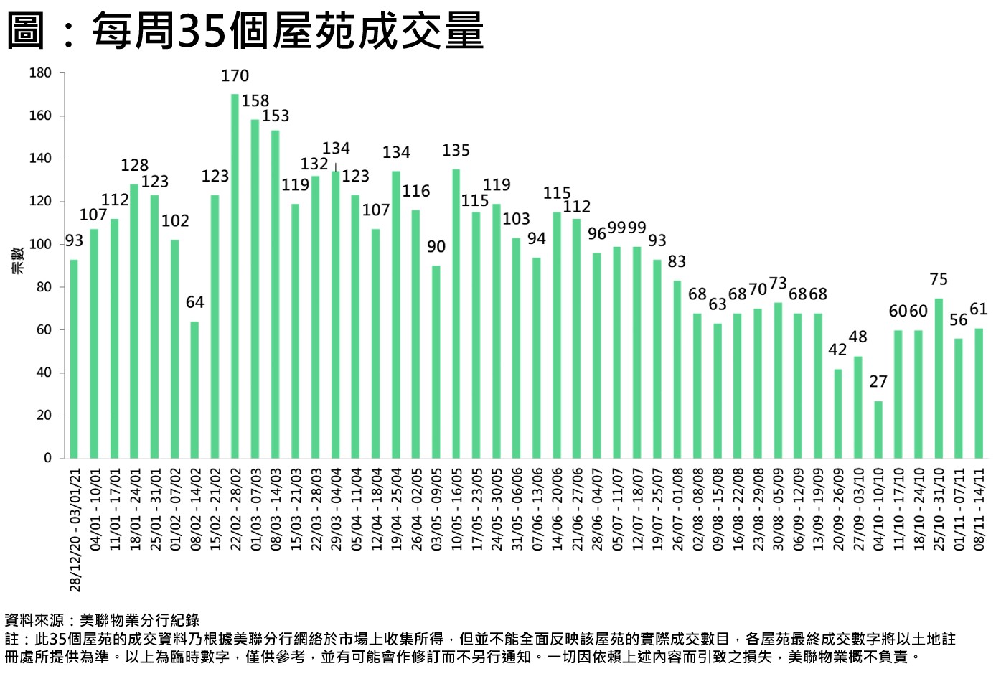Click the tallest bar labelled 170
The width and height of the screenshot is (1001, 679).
point(235,276)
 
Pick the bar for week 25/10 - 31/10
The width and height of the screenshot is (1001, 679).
point(938,378)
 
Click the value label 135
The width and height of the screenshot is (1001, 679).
point(456,151)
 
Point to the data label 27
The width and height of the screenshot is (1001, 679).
point(878,382)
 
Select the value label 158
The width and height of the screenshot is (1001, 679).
point(255,101)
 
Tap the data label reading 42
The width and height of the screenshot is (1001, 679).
point(837,350)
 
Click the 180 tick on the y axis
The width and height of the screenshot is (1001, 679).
point(40,72)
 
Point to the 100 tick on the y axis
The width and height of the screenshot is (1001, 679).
point(40,244)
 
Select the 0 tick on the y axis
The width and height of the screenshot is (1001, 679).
point(47,458)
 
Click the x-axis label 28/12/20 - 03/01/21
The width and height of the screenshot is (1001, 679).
point(75,530)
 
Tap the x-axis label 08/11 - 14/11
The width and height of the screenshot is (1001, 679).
point(978,509)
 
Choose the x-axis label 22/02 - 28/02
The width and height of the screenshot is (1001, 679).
point(235,509)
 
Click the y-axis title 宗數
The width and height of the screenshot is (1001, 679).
point(17,260)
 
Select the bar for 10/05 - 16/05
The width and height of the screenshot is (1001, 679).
point(456,313)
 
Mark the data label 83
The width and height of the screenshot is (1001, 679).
point(677,261)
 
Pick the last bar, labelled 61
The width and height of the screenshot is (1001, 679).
point(978,393)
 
